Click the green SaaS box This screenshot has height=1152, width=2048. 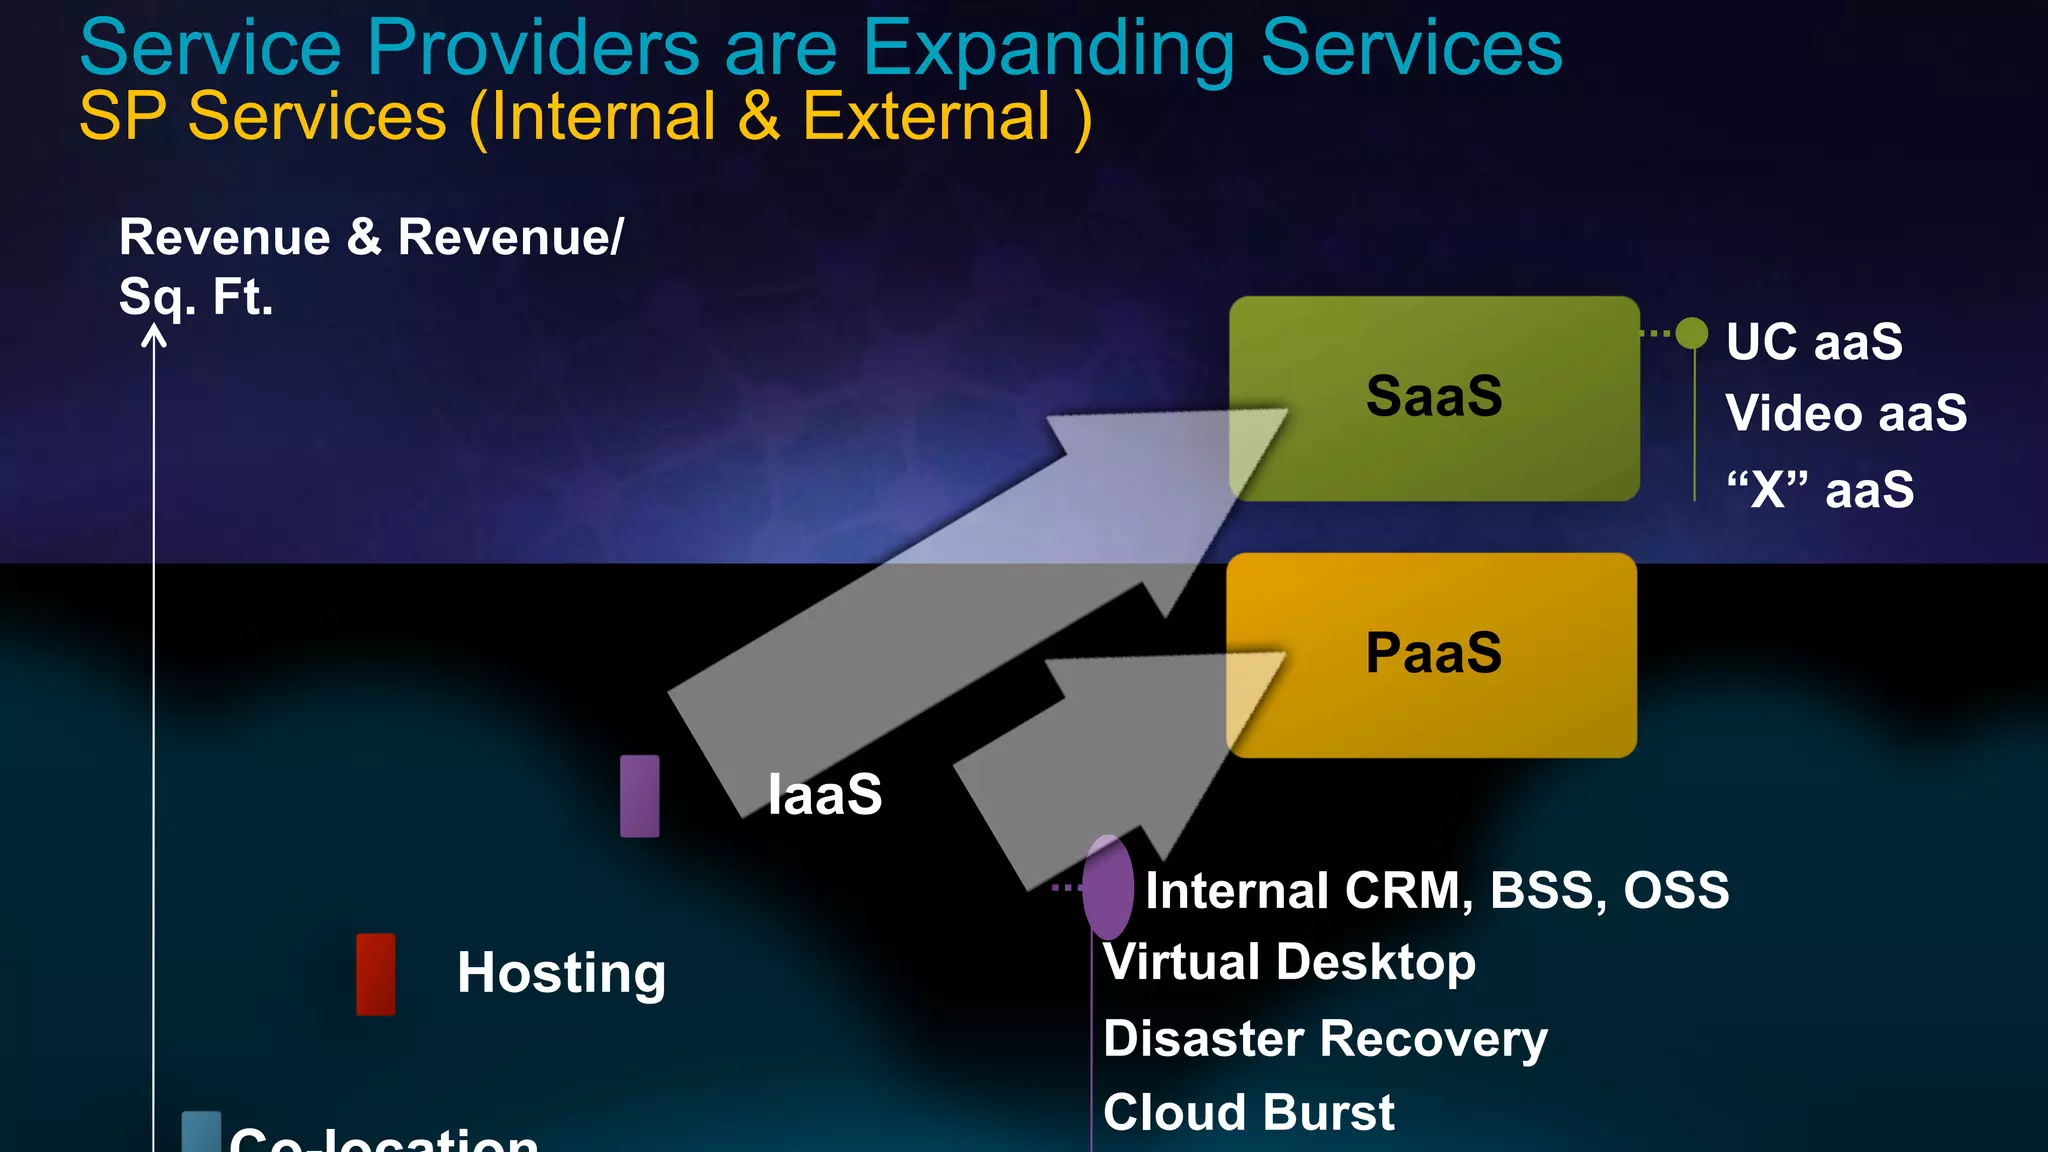tap(1434, 398)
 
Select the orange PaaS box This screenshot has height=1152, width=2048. tap(1432, 655)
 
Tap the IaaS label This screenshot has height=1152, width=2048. tap(824, 795)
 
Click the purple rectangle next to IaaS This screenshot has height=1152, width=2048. tap(640, 796)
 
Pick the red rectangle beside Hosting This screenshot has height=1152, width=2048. tap(376, 974)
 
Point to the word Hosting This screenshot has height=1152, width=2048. tap(561, 973)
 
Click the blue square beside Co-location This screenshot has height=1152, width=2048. tap(201, 1132)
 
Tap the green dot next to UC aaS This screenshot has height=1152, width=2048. tap(1692, 333)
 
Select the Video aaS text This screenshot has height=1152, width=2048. tap(1845, 414)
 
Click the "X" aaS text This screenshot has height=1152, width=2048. tap(1820, 490)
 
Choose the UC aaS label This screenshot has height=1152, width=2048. tap(1814, 342)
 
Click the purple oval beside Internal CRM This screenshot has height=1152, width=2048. tap(1108, 887)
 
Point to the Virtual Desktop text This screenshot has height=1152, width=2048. tap(1289, 962)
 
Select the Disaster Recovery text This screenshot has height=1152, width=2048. tap(1325, 1038)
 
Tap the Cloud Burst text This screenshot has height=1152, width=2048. tap(1248, 1112)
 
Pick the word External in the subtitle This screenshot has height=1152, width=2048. tap(926, 117)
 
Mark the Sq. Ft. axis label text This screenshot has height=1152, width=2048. tap(196, 297)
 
